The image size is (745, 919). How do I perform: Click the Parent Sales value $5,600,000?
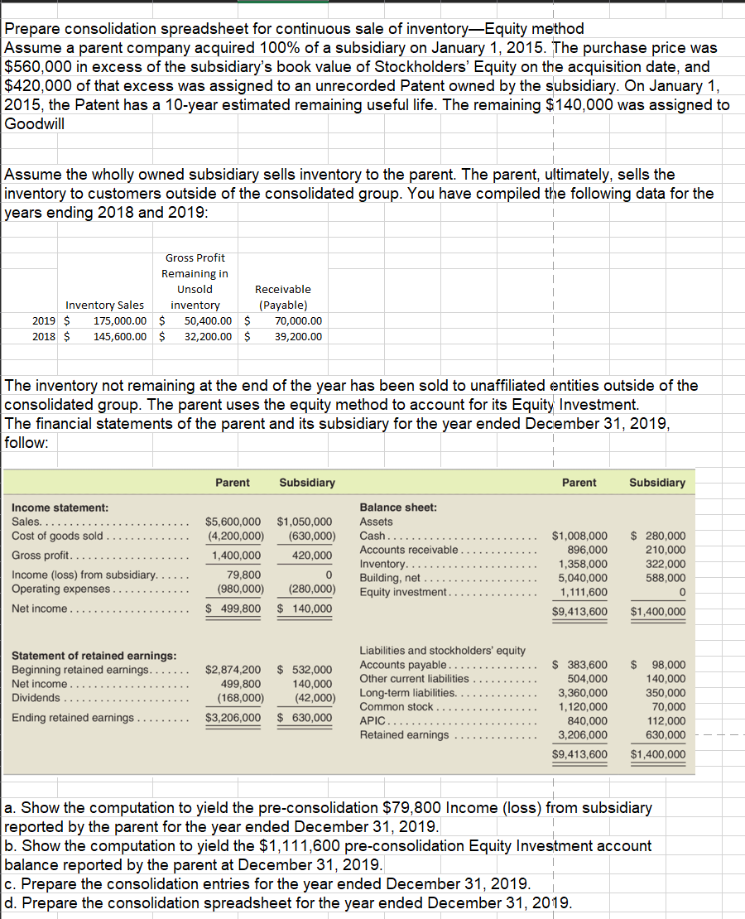click(233, 522)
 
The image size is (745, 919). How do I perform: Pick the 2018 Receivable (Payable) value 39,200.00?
click(298, 337)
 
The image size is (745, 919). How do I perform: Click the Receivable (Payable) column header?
click(283, 297)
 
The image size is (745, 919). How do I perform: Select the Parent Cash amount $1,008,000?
click(579, 536)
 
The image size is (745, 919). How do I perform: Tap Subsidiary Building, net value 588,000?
click(666, 578)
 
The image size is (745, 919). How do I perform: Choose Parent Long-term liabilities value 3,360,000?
click(583, 693)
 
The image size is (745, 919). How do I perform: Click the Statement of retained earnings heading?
click(93, 656)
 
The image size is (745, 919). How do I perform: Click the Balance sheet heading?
click(398, 507)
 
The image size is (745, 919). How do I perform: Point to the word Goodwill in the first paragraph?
click(34, 123)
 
